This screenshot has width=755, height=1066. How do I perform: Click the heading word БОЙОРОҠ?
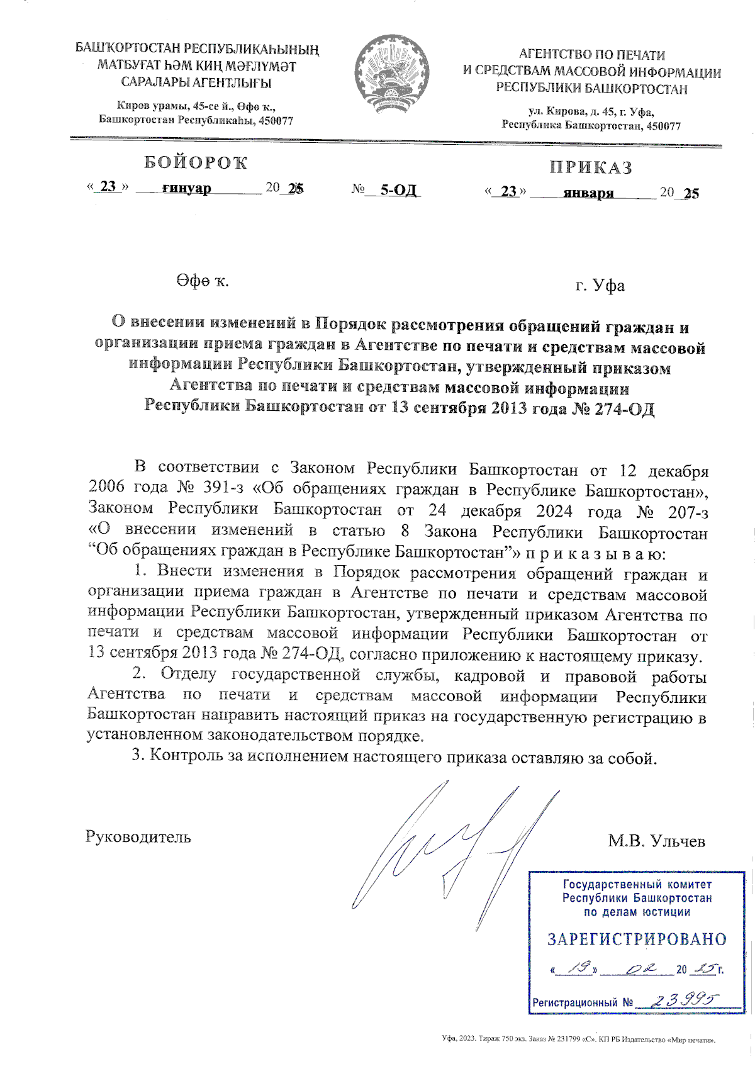pyautogui.click(x=196, y=163)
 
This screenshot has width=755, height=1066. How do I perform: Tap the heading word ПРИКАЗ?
pyautogui.click(x=591, y=167)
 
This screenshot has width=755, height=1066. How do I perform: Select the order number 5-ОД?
pyautogui.click(x=399, y=190)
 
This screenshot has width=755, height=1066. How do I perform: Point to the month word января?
pyautogui.click(x=588, y=193)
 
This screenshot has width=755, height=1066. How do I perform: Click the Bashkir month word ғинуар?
pyautogui.click(x=186, y=188)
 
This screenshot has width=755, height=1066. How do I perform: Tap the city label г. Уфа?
pyautogui.click(x=600, y=286)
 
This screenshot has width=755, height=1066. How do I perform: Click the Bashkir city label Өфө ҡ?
pyautogui.click(x=203, y=281)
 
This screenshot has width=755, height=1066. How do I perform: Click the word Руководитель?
pyautogui.click(x=138, y=838)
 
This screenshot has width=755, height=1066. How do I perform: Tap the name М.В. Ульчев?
pyautogui.click(x=656, y=841)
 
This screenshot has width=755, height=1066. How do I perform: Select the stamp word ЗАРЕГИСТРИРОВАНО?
pyautogui.click(x=637, y=940)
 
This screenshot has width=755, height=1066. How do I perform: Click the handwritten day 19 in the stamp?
pyautogui.click(x=576, y=968)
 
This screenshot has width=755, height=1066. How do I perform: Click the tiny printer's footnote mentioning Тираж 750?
pyautogui.click(x=579, y=1040)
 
